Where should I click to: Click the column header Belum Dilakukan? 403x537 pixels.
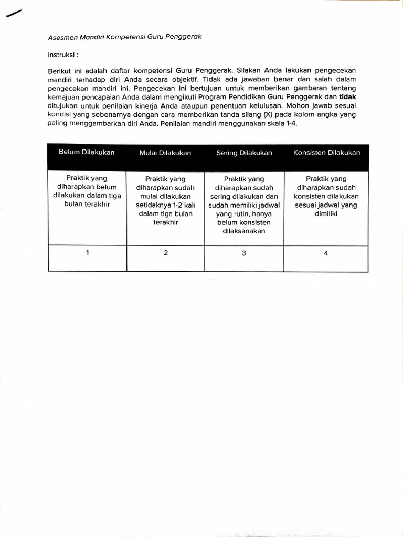[x=87, y=152]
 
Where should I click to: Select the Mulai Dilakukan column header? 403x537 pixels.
[x=165, y=153]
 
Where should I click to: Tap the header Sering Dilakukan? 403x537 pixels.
[x=244, y=153]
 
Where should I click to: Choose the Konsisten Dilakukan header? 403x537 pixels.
[x=326, y=153]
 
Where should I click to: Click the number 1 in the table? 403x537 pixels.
[x=87, y=252]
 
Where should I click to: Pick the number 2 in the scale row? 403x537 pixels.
[x=166, y=253]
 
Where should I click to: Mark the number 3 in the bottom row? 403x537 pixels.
[x=244, y=253]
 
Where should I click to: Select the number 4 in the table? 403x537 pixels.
[x=326, y=253]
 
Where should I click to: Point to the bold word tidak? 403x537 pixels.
[x=347, y=97]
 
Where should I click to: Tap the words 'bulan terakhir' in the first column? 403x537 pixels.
[x=87, y=204]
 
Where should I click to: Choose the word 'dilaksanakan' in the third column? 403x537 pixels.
[x=244, y=231]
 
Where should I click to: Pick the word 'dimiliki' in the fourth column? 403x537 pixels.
[x=326, y=213]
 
